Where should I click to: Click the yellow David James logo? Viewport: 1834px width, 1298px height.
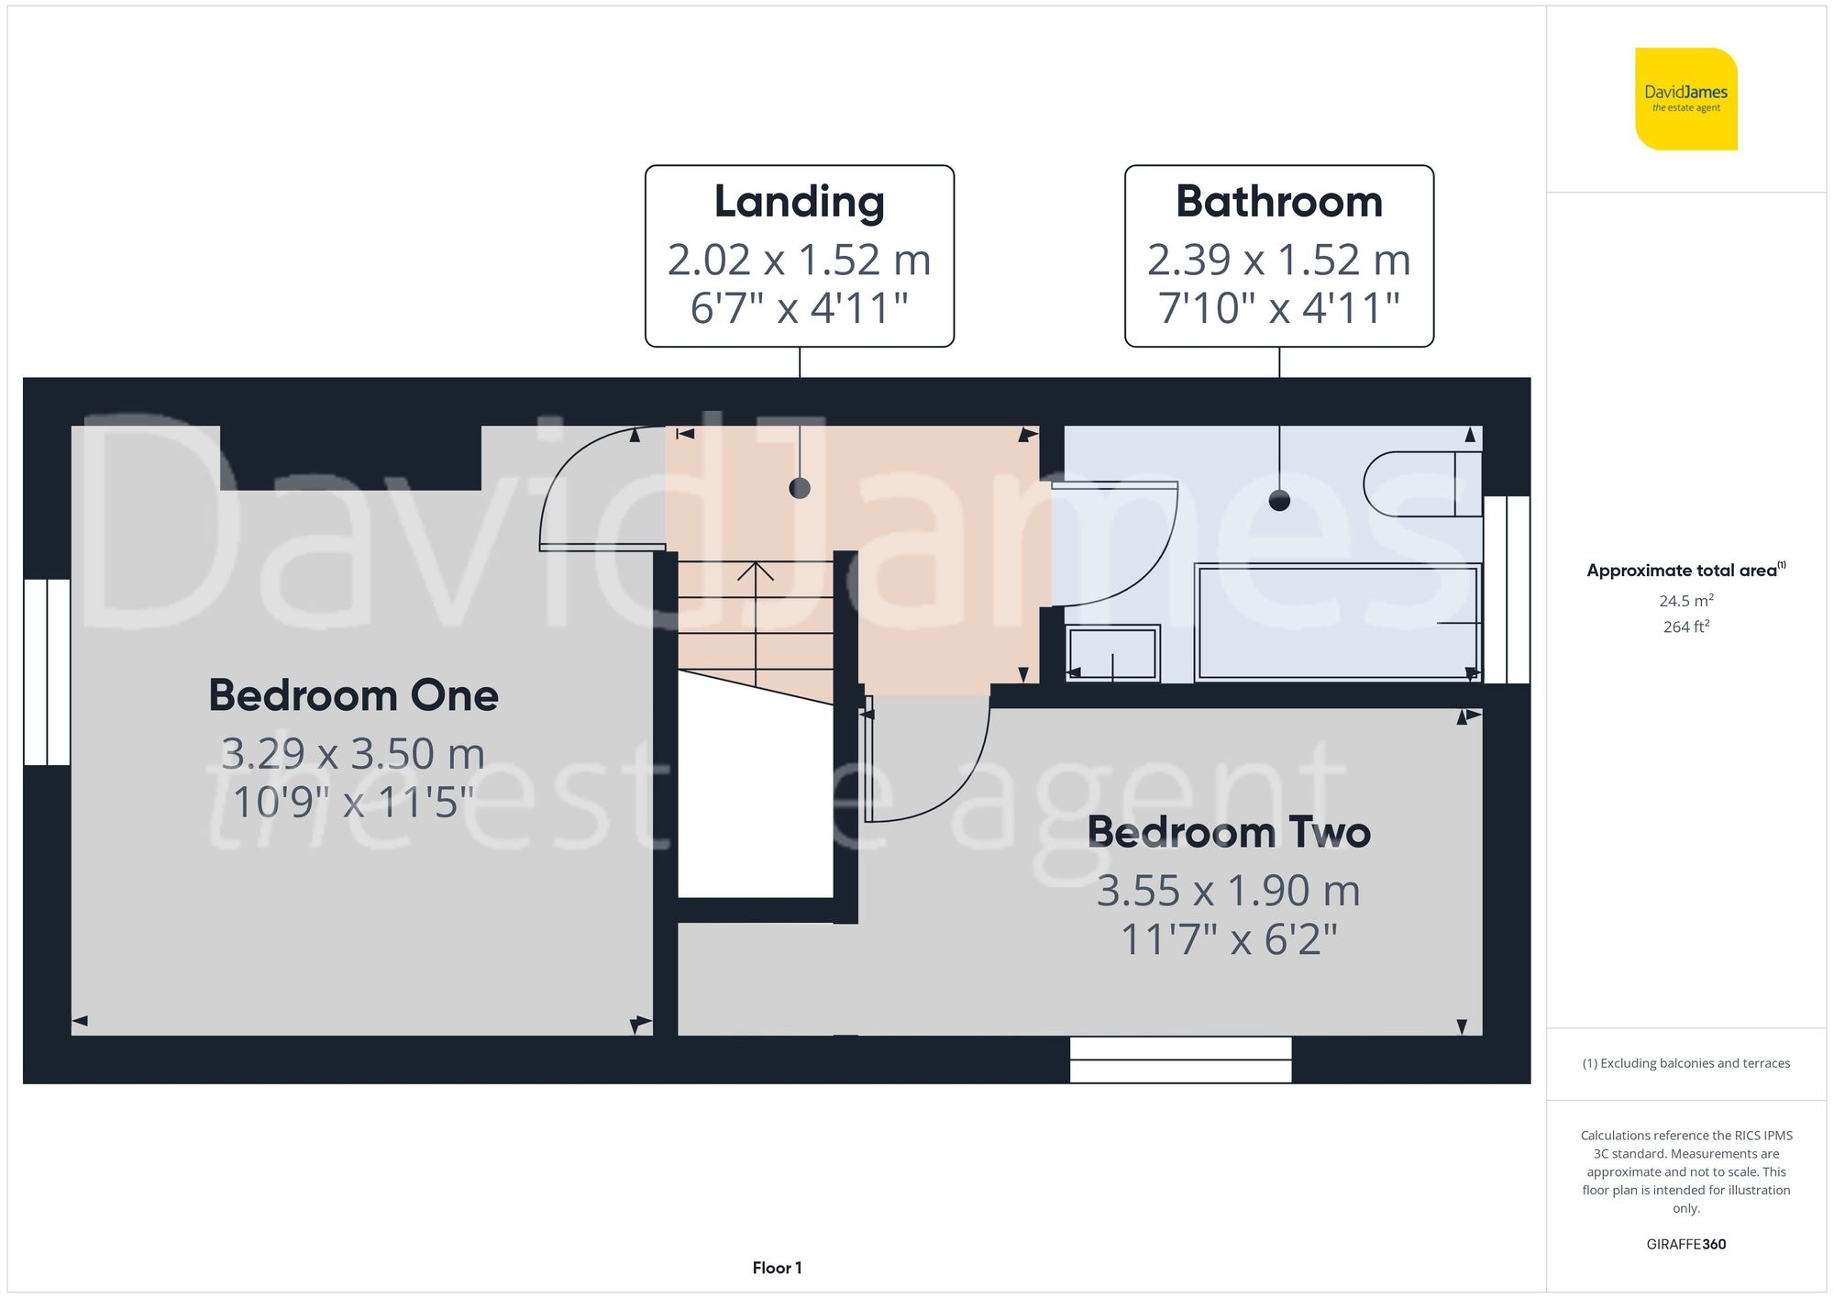(x=1685, y=99)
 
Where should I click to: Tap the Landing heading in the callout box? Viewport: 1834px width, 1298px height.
(x=800, y=203)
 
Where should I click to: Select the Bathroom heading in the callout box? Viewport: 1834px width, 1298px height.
(x=1279, y=202)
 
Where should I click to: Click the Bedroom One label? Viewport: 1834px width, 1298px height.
(x=354, y=695)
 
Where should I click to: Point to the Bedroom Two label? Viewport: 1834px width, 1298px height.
(x=1229, y=832)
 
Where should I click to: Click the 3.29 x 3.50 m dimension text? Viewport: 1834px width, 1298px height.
(x=353, y=754)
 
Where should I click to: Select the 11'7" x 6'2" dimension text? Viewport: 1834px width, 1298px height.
(x=1229, y=939)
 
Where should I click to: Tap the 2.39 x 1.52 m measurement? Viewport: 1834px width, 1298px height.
(x=1279, y=260)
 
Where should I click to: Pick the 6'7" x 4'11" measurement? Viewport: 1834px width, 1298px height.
(x=800, y=307)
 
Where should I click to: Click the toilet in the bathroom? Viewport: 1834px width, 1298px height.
(x=1421, y=483)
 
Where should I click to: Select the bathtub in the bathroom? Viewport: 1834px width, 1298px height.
(x=1338, y=622)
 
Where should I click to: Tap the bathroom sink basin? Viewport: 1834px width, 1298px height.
(x=1113, y=653)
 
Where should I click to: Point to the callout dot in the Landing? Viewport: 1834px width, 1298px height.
(x=800, y=488)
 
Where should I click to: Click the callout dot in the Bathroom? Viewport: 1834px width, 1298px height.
(x=1279, y=500)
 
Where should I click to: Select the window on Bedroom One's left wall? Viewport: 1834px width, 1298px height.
(x=47, y=671)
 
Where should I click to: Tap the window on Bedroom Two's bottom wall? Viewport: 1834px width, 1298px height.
(x=1181, y=1059)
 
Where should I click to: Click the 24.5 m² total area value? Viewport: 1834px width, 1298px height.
(x=1685, y=601)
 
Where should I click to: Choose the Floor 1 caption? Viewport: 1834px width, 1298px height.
(x=777, y=1268)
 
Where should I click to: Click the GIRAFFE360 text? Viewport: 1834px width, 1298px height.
(x=1685, y=1244)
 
